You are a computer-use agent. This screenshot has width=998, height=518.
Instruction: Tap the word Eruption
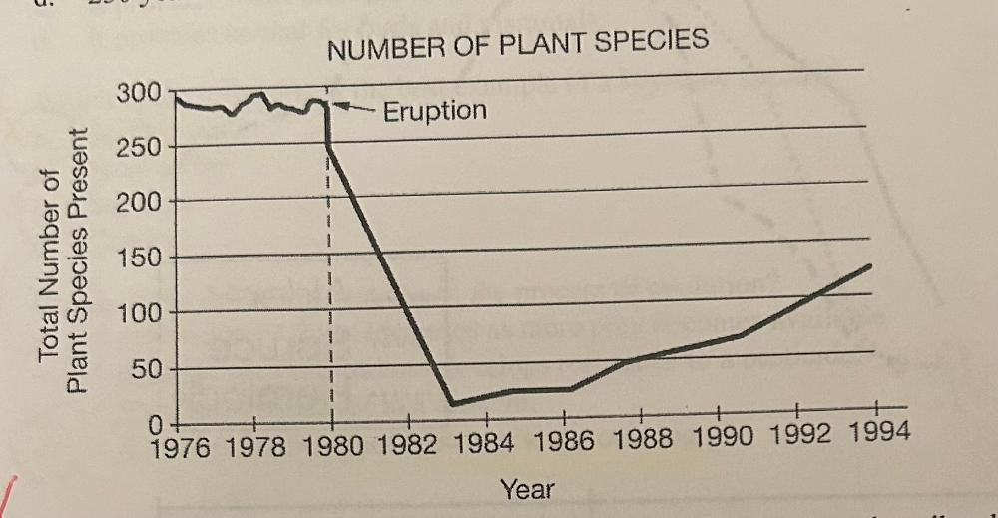(435, 110)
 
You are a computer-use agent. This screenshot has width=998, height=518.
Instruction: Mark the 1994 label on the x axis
(876, 439)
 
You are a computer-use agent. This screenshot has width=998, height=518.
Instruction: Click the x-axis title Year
(527, 489)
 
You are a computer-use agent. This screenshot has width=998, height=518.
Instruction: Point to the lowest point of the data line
(451, 403)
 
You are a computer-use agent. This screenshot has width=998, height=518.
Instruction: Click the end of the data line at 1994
(871, 265)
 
